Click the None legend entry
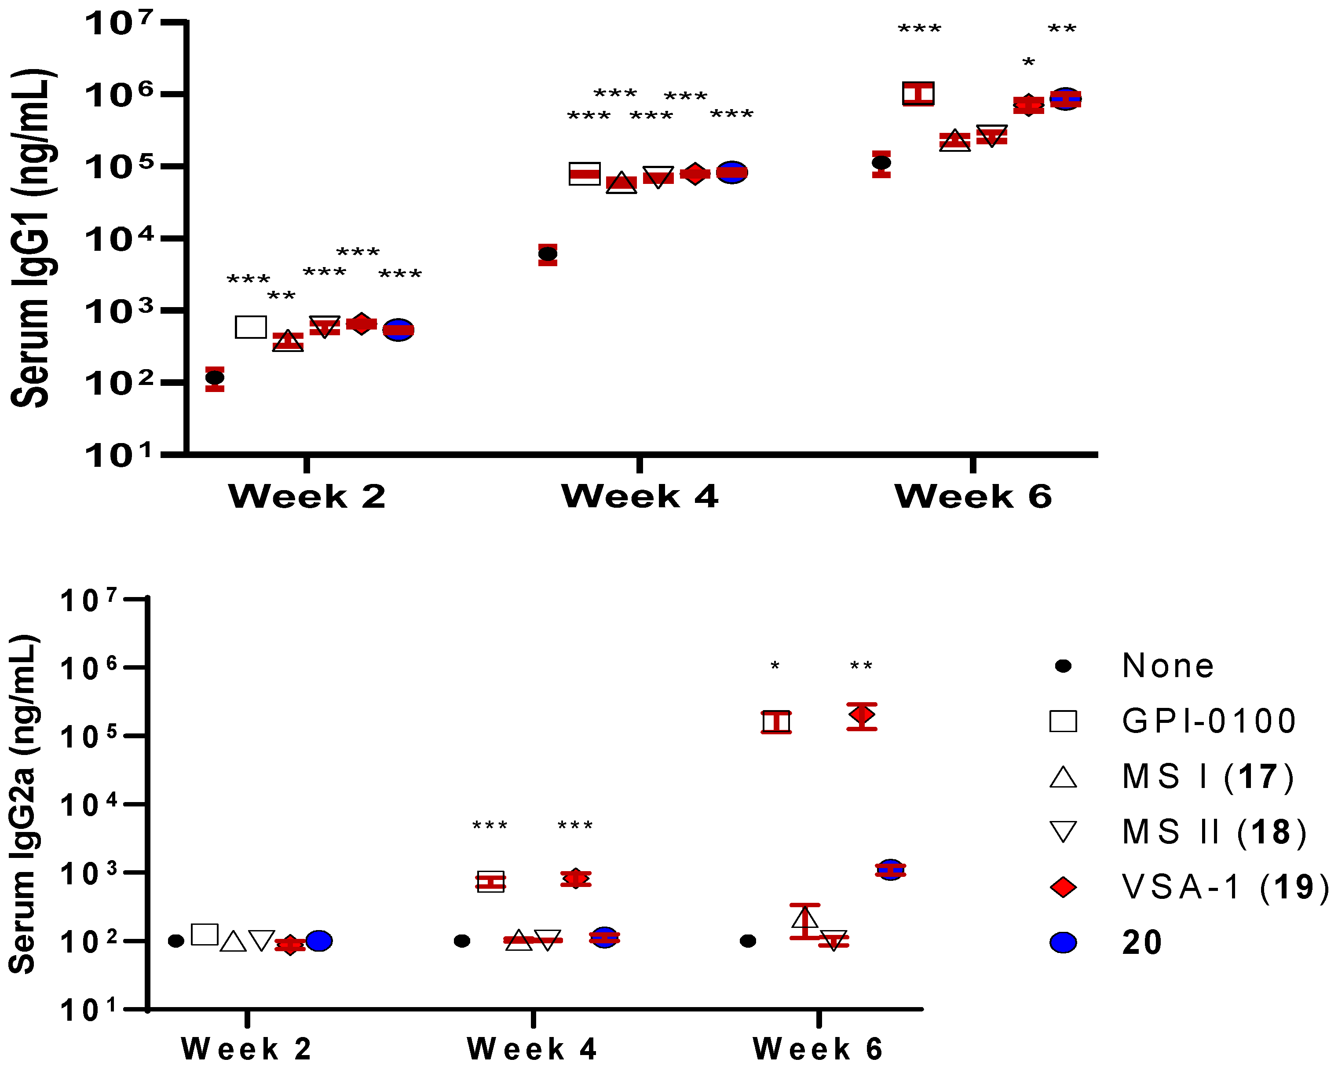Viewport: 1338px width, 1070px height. [1167, 666]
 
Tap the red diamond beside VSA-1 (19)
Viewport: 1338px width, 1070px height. [1063, 887]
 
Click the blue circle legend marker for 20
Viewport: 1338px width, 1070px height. [1063, 943]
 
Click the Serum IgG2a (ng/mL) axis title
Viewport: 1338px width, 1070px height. [24, 804]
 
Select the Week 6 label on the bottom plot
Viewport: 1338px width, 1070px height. [818, 1049]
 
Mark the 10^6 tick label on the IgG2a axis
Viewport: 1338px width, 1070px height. [89, 668]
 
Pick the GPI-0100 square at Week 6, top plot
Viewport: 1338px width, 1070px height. [918, 94]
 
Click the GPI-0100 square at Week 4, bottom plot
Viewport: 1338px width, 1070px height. [490, 881]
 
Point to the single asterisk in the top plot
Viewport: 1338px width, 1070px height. [1028, 62]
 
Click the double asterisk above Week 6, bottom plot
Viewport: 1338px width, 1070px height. [861, 667]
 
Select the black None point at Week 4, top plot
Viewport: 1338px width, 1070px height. [547, 254]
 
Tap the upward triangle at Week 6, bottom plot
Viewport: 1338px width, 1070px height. [805, 918]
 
